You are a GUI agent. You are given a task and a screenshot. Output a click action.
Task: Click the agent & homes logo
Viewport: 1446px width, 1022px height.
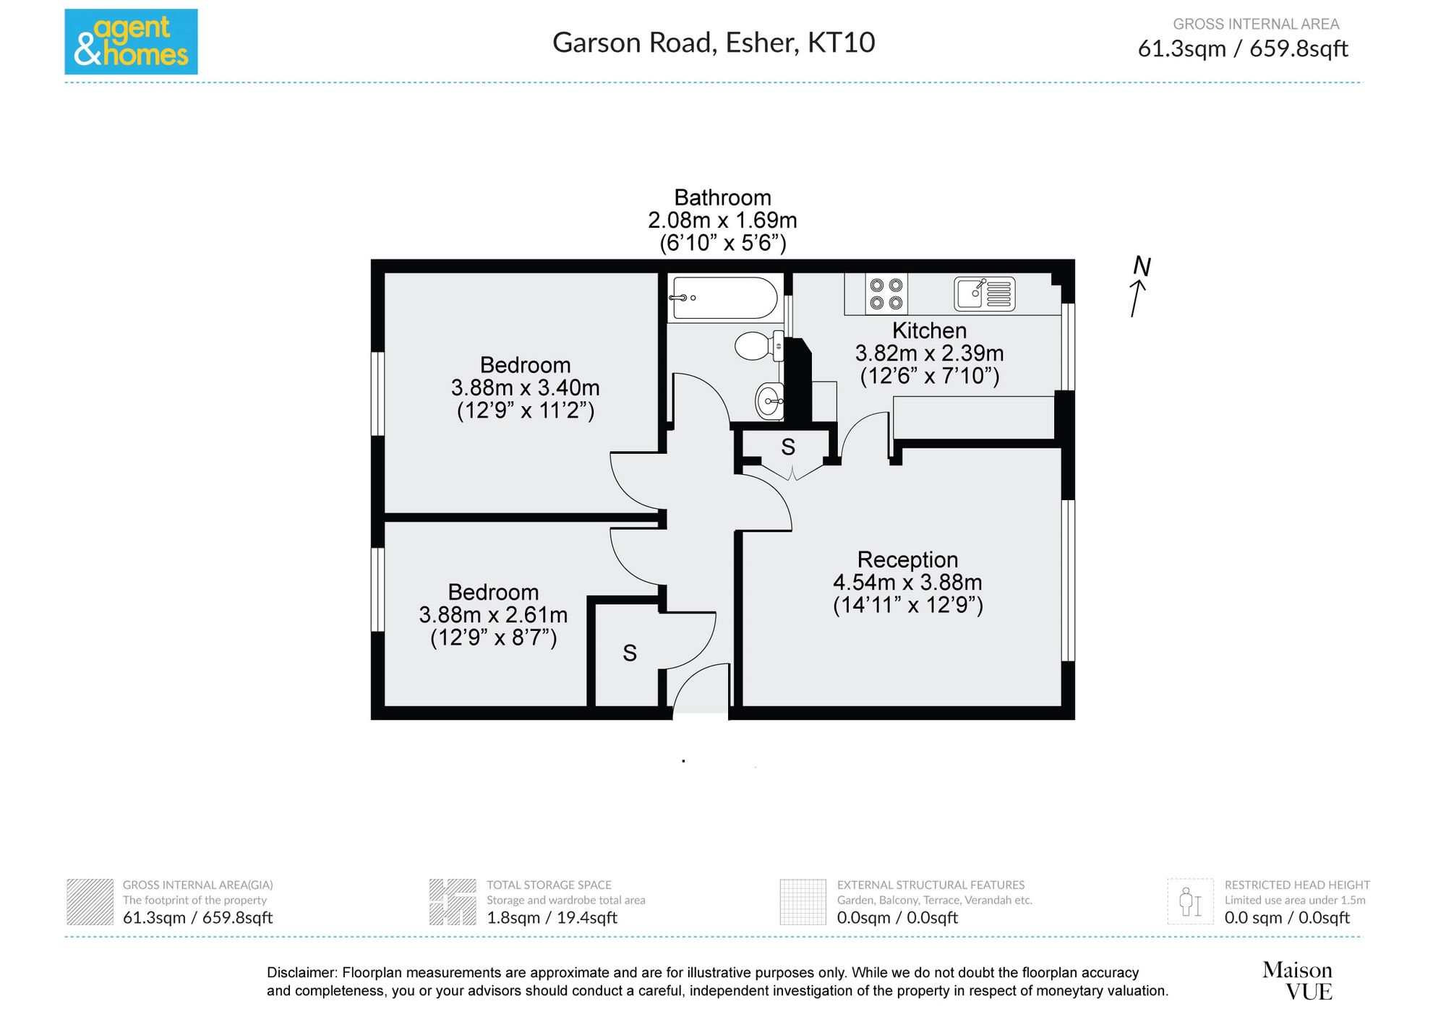tap(131, 42)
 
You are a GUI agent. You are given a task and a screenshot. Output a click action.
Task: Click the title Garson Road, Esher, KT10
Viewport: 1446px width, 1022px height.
tap(714, 43)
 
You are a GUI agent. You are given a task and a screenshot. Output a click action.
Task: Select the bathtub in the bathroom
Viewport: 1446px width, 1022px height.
tap(724, 298)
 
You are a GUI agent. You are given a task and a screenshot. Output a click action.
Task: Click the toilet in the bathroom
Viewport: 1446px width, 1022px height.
tap(758, 346)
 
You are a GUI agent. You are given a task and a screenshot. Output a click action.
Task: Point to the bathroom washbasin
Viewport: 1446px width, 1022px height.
tap(769, 400)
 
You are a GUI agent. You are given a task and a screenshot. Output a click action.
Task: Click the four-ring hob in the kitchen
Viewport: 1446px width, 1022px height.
tap(886, 293)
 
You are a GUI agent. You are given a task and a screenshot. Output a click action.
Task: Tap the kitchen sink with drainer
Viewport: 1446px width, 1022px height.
tap(985, 293)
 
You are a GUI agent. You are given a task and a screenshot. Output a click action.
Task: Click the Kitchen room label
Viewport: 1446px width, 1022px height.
tap(930, 330)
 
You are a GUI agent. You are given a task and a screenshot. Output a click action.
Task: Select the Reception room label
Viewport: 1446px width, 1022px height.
tap(907, 559)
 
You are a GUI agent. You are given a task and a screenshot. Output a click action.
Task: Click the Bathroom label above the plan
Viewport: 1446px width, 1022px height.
tap(722, 197)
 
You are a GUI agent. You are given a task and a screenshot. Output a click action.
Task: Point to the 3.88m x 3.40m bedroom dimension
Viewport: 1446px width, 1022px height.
tap(526, 388)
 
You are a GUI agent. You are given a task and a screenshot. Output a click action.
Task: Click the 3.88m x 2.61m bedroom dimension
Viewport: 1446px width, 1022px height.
tap(493, 615)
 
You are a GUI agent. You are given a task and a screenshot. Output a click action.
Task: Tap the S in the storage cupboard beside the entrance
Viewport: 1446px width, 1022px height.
tap(630, 653)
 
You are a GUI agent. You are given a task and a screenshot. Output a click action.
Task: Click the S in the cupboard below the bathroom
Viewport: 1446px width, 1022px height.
tap(788, 447)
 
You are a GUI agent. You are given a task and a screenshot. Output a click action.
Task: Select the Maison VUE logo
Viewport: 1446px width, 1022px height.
tap(1298, 981)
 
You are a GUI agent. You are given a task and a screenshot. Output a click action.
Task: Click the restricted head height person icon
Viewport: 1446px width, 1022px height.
tap(1190, 901)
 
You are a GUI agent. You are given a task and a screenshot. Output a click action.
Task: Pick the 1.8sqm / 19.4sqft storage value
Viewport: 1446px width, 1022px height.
tap(552, 918)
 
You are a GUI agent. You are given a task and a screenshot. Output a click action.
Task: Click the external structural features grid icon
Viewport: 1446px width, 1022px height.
tap(803, 901)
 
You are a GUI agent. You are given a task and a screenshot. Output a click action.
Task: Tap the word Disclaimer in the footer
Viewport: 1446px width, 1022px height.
tap(301, 973)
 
